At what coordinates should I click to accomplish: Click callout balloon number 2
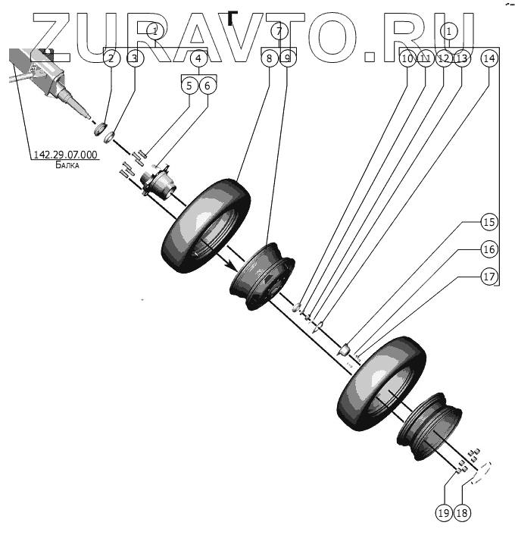(112, 58)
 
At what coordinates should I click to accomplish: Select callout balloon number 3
(134, 58)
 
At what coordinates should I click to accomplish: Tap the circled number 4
(198, 58)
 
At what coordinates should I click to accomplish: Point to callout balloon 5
(189, 86)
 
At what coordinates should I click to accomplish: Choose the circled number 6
(208, 86)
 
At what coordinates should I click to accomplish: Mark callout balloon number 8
(269, 58)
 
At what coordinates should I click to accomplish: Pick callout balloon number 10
(407, 58)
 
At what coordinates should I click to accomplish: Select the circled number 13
(462, 58)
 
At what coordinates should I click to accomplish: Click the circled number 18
(462, 513)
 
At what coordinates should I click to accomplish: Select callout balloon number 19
(444, 513)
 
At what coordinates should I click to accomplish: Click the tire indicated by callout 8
(206, 226)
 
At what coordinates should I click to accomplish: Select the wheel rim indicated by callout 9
(261, 274)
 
